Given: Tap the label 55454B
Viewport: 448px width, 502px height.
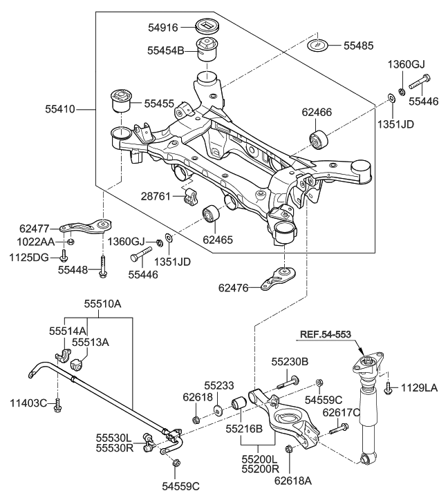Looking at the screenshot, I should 166,50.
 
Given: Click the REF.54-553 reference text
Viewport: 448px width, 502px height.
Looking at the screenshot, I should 325,334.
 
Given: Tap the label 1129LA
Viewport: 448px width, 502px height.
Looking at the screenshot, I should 420,389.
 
